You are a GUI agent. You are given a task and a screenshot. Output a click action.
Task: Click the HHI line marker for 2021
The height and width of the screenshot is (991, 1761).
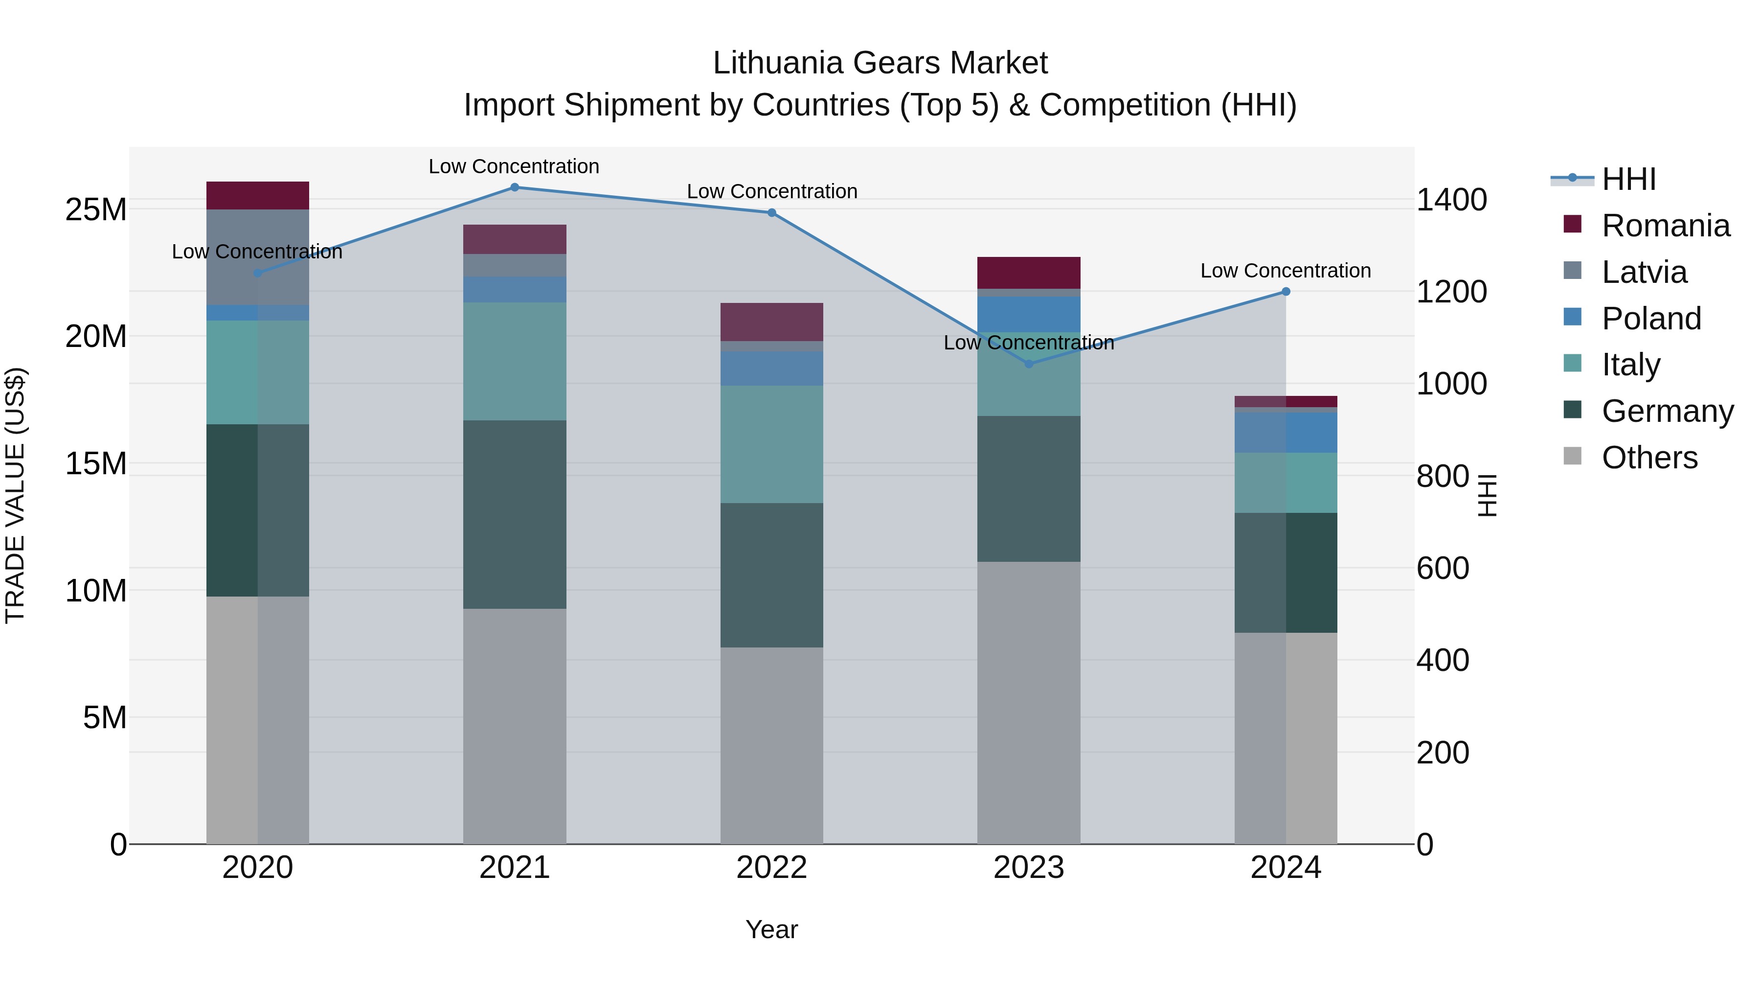(x=515, y=187)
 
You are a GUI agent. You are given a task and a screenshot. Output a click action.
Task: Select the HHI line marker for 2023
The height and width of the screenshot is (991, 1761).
(x=1029, y=364)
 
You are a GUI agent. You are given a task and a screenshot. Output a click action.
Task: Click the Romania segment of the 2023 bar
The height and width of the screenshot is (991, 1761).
(x=1029, y=273)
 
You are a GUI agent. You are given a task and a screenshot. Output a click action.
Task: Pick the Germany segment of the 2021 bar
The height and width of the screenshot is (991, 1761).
(x=515, y=514)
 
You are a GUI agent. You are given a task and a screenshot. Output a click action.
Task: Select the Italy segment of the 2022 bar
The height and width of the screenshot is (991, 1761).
(x=772, y=444)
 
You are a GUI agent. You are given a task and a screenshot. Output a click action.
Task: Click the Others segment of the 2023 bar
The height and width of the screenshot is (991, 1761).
(x=1029, y=703)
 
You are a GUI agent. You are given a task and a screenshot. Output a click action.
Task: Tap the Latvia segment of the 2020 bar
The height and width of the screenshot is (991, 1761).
(x=258, y=257)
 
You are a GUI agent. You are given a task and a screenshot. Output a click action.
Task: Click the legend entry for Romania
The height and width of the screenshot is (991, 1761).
(x=1665, y=226)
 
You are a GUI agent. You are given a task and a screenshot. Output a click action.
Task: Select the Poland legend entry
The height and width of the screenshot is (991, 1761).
(x=1651, y=319)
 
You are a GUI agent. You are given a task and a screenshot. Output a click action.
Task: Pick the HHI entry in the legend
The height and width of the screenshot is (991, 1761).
(x=1628, y=179)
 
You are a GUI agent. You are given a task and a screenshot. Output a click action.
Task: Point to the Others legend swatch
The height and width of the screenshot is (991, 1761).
(x=1572, y=456)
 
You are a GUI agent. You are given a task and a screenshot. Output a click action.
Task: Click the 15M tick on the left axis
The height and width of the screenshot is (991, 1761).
(x=96, y=464)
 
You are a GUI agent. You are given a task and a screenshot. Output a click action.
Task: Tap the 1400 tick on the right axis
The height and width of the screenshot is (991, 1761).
(x=1451, y=200)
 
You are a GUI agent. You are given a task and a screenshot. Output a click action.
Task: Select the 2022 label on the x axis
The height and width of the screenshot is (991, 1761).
(x=772, y=868)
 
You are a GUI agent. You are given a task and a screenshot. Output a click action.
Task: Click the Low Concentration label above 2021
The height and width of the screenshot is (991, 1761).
(x=514, y=166)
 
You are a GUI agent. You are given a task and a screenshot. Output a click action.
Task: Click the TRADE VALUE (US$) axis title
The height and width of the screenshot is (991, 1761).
(x=15, y=495)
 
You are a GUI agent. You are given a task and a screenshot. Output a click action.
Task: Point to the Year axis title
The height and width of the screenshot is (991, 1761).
(x=772, y=929)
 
